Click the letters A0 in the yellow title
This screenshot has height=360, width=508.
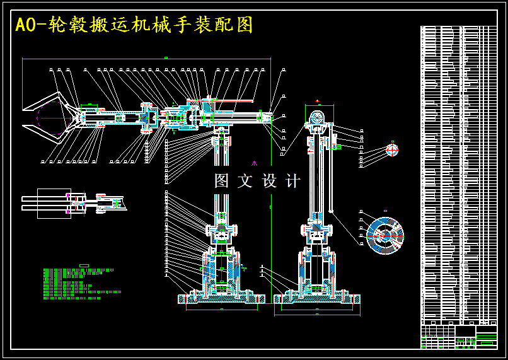25,25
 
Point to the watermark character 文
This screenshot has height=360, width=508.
245,181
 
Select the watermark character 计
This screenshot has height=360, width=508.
292,181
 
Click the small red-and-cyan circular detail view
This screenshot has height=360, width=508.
392,150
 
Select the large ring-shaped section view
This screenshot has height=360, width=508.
385,235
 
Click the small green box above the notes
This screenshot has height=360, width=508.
84,265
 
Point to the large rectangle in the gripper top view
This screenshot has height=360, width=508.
54,203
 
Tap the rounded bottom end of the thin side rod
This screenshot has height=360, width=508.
331,211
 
